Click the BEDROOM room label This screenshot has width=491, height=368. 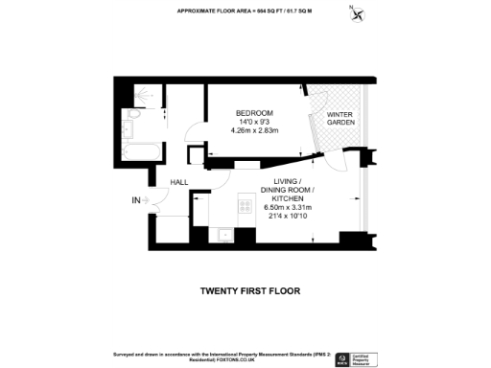255,113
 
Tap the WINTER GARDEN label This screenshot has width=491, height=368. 340,120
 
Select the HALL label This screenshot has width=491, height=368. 179,182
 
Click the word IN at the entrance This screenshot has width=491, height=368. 136,200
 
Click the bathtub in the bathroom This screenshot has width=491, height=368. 142,151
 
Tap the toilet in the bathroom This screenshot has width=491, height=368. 132,116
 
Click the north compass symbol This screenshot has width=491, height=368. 358,12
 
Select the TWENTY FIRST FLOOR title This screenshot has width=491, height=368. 250,290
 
